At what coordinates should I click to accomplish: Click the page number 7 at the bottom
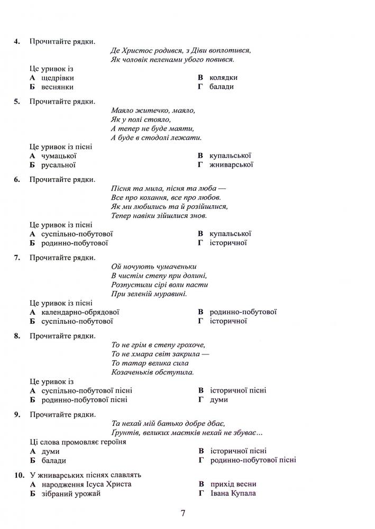click(182, 513)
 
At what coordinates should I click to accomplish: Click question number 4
click(17, 41)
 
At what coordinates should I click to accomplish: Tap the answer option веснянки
click(57, 87)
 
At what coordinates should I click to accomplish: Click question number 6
click(17, 179)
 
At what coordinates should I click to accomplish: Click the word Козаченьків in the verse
click(134, 372)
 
